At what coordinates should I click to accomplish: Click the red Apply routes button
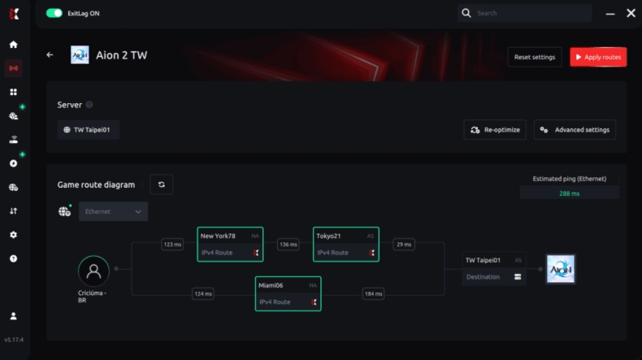[598, 57]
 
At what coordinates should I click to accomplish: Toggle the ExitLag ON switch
[54, 13]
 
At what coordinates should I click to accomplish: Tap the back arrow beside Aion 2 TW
[50, 55]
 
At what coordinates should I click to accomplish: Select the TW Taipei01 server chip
[89, 130]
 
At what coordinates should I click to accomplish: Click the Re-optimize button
[495, 130]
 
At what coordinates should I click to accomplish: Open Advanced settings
[575, 130]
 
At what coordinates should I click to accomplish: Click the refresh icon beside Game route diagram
[162, 184]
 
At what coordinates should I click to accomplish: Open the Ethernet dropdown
[113, 211]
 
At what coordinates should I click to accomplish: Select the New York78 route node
[230, 244]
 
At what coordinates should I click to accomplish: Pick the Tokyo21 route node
[345, 244]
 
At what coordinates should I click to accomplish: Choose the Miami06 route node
[288, 293]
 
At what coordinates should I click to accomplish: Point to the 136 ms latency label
[288, 244]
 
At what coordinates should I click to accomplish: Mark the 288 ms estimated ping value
[569, 193]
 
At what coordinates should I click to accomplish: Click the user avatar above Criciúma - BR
[93, 271]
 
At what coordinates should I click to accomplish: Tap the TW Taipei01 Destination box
[493, 269]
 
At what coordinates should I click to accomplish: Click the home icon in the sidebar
[13, 45]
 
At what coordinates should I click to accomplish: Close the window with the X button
[631, 13]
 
